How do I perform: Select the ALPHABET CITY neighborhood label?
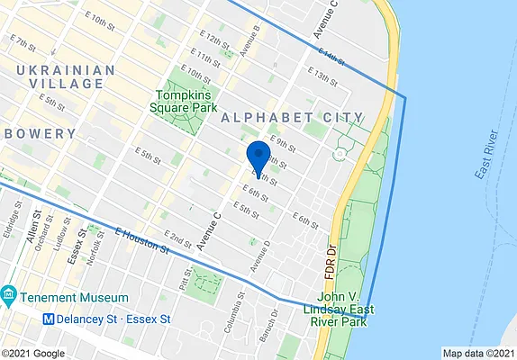[x=291, y=118]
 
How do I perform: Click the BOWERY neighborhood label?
[x=39, y=133]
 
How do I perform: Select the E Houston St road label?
[x=143, y=239]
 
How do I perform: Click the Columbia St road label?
[x=233, y=311]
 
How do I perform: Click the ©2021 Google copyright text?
[x=32, y=353]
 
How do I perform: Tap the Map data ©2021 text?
[x=478, y=353]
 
